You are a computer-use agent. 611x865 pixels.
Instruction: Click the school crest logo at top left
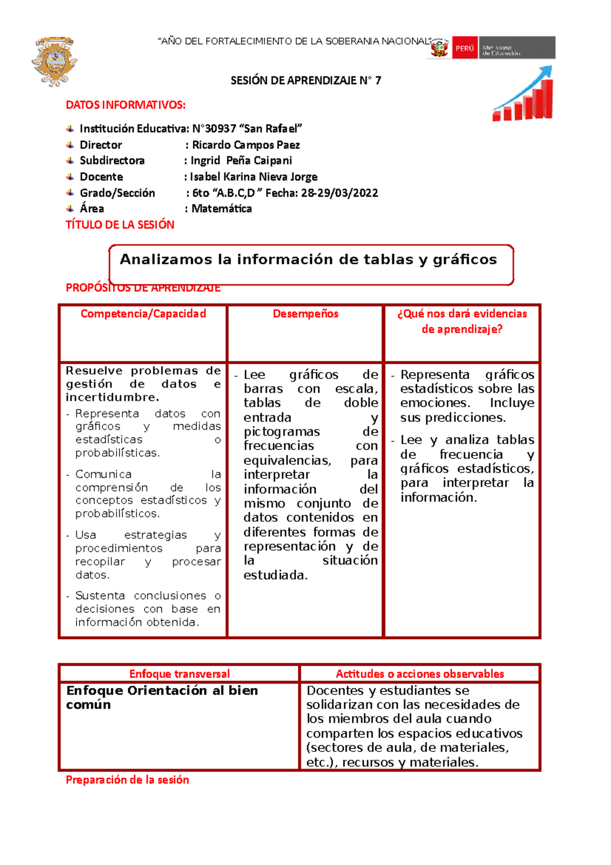[x=54, y=61]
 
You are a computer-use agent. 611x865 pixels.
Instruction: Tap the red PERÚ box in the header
[x=464, y=48]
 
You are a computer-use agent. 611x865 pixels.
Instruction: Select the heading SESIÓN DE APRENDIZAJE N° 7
[x=305, y=80]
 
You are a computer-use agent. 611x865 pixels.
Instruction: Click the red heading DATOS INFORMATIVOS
[x=125, y=105]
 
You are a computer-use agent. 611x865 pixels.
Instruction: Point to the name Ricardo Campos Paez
[x=245, y=145]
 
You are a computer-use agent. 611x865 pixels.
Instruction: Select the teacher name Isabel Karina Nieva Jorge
[x=254, y=177]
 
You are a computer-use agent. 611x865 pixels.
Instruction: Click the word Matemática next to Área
[x=221, y=209]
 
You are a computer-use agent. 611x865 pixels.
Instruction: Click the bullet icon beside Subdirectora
[x=70, y=161]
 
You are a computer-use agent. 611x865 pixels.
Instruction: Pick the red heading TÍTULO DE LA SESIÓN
[x=120, y=225]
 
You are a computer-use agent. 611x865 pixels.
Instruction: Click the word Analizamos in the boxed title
[x=165, y=260]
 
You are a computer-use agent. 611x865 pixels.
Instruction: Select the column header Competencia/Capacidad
[x=143, y=314]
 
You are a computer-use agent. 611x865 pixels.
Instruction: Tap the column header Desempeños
[x=305, y=314]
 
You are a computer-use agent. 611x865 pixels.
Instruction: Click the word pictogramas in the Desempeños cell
[x=281, y=432]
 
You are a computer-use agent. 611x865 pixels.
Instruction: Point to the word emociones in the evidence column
[x=433, y=403]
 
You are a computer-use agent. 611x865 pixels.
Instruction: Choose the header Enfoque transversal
[x=179, y=674]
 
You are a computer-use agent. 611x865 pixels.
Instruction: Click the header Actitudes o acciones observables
[x=420, y=674]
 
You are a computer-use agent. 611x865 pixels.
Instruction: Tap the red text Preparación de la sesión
[x=127, y=780]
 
